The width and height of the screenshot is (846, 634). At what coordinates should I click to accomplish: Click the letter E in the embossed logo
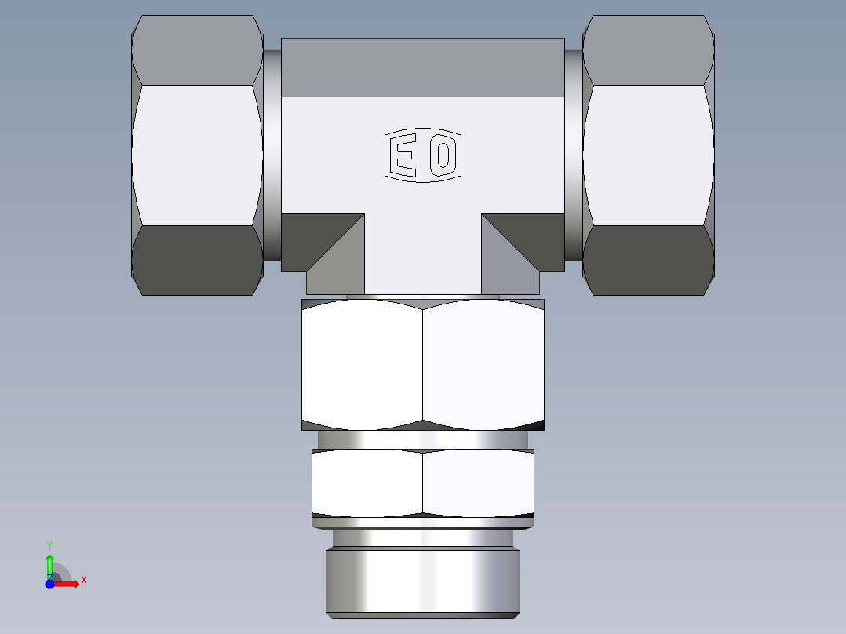click(405, 155)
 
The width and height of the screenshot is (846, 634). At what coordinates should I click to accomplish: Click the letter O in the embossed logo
click(443, 155)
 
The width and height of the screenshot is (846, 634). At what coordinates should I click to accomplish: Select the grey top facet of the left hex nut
click(196, 49)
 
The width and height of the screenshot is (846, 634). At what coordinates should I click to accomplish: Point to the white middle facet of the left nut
click(196, 155)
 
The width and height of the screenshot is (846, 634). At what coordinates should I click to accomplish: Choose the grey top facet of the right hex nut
click(648, 49)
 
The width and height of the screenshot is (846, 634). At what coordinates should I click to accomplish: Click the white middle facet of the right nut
click(648, 155)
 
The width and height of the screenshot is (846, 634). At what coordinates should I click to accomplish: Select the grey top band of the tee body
click(422, 67)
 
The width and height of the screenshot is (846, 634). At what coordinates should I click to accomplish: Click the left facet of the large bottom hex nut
click(362, 365)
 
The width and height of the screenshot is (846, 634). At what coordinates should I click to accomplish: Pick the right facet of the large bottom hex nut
click(483, 365)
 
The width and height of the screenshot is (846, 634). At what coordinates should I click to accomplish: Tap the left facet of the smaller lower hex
click(366, 483)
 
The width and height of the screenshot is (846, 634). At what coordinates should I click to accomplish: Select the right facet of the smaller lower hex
click(478, 483)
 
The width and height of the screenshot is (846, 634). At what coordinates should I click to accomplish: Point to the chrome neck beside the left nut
click(272, 155)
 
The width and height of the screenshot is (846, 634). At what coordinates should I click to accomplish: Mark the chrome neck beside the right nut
click(574, 155)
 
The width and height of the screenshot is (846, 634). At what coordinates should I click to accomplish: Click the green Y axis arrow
click(49, 563)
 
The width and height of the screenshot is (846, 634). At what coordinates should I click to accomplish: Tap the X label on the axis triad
click(83, 581)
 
